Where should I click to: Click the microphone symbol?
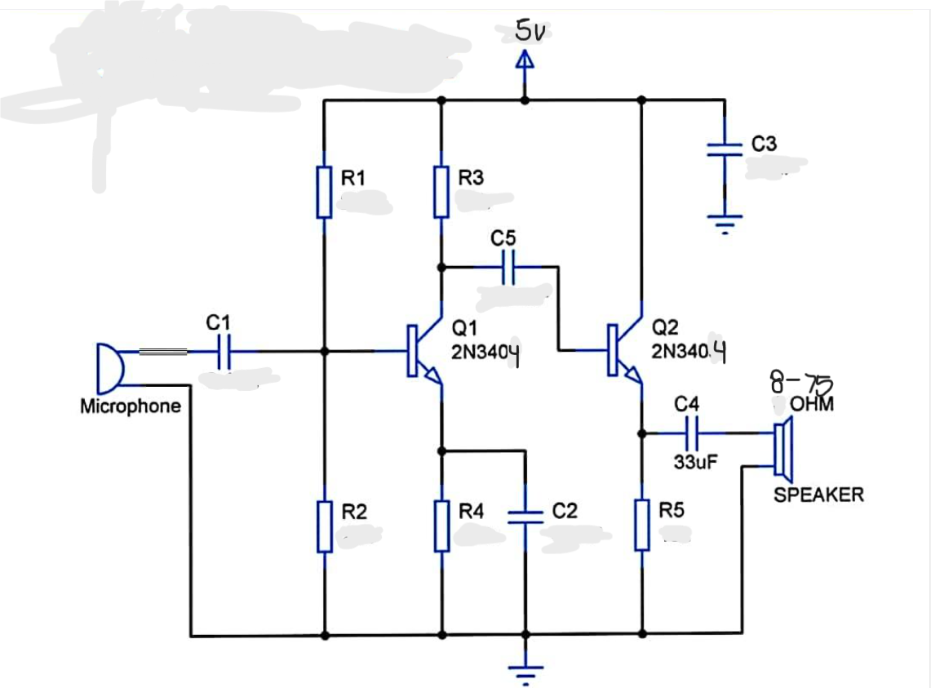pos(109,367)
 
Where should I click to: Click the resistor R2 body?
pos(324,527)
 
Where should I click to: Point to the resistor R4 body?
pos(441,527)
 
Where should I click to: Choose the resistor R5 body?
pos(642,527)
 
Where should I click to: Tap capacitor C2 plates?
pos(525,516)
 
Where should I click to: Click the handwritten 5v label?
pos(530,31)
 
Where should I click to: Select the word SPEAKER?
pos(818,495)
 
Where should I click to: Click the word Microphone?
pos(131,406)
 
